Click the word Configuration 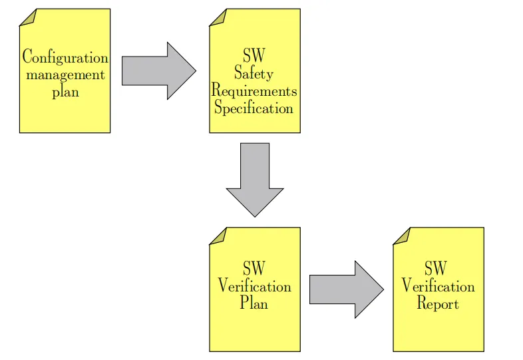[65, 57]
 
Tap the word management [65, 75]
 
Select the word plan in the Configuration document [65, 91]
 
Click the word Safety [254, 73]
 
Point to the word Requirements [254, 90]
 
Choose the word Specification [254, 108]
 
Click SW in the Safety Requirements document [254, 55]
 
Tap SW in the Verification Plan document [254, 269]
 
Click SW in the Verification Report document [436, 269]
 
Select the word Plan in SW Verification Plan [254, 303]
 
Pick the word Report [437, 303]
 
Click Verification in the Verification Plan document [254, 286]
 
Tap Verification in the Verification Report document [438, 286]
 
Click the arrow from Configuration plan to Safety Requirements [158, 71]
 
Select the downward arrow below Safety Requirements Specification [255, 180]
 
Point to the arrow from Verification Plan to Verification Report [346, 289]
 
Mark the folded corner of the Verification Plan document [219, 236]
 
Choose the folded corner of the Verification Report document [402, 236]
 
